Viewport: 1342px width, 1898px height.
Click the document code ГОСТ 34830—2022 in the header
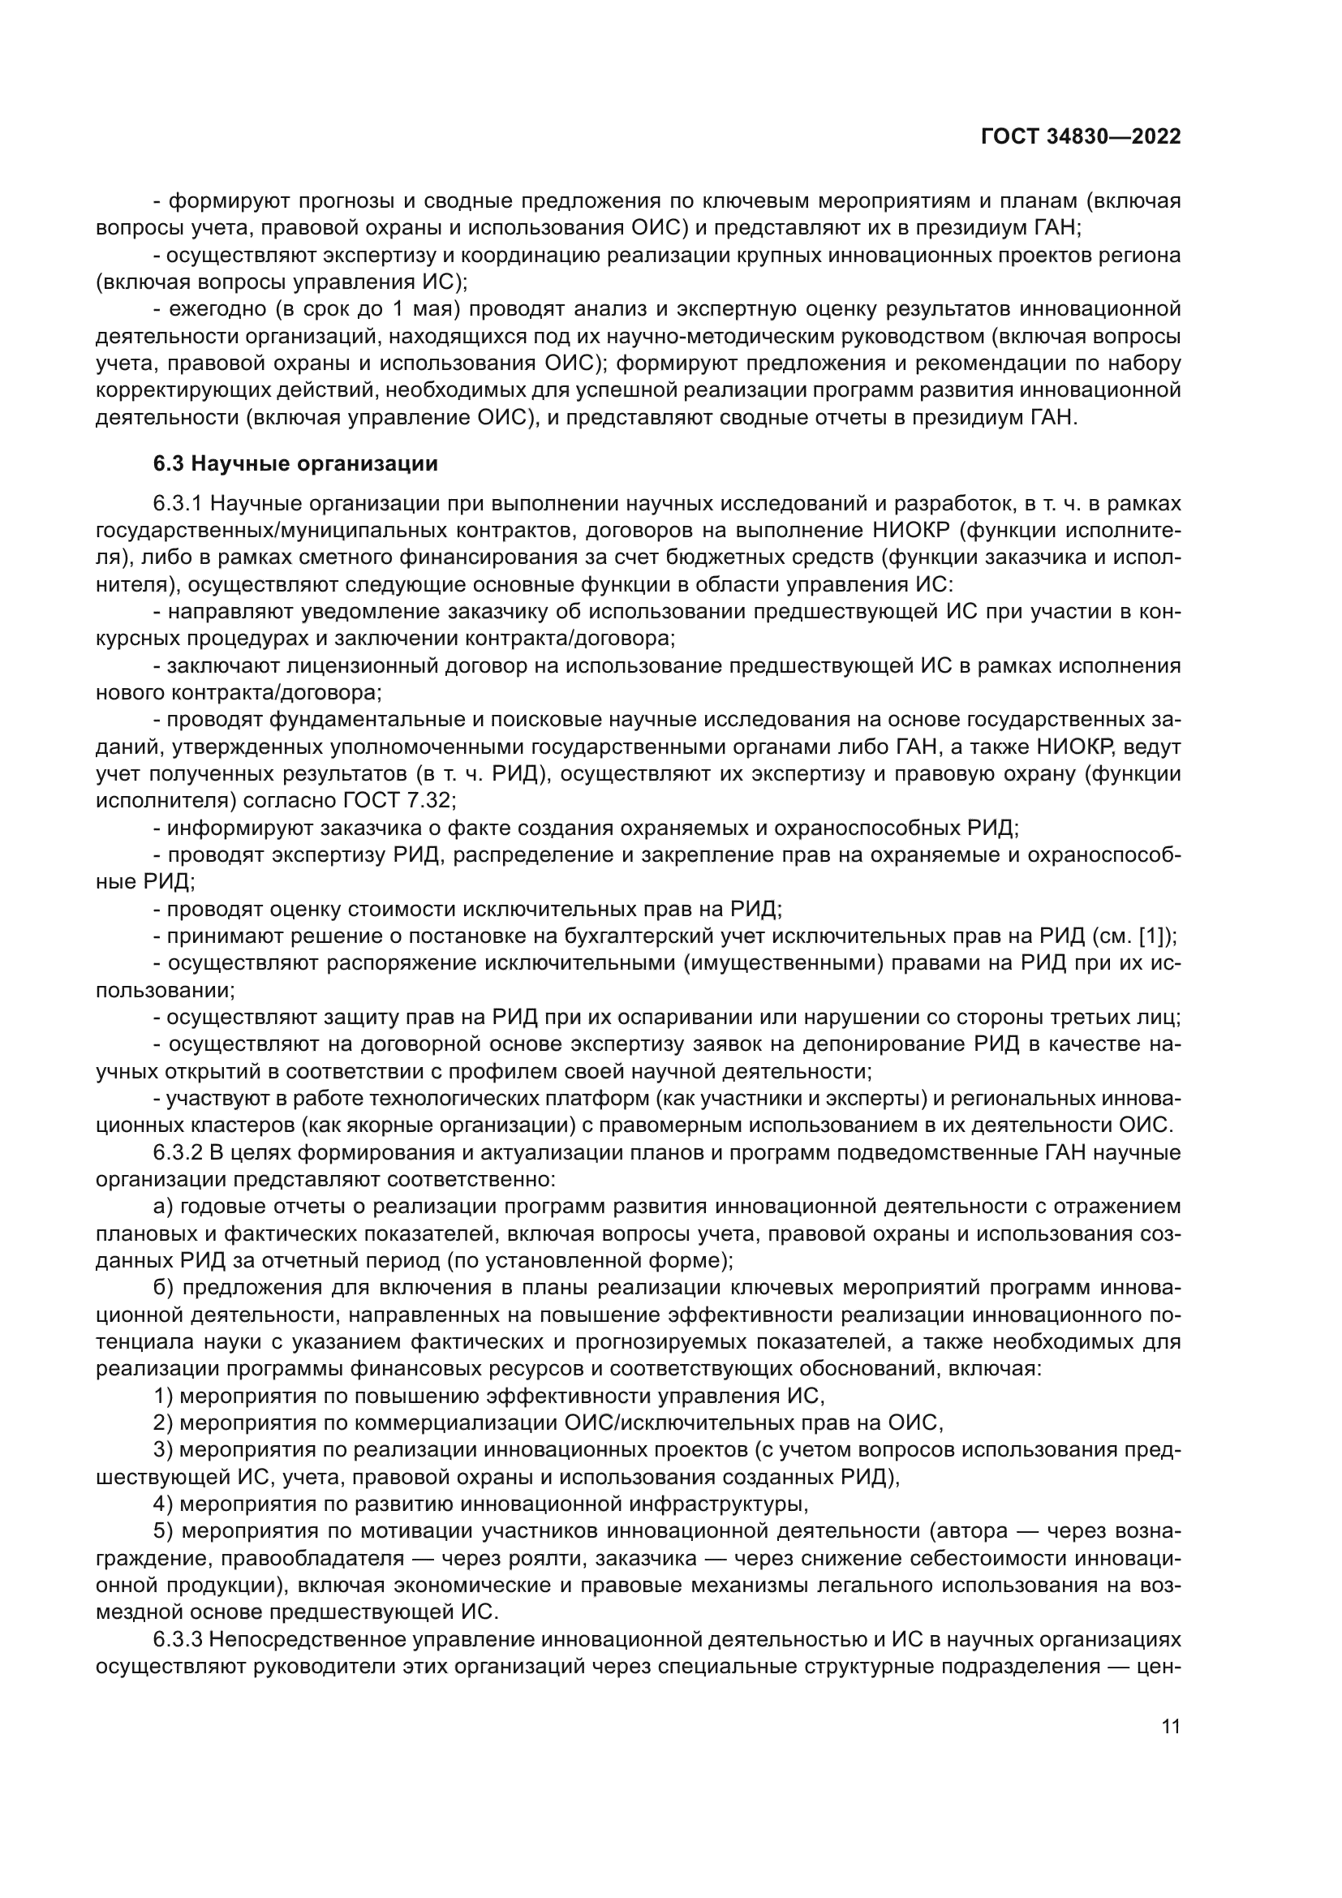coord(1080,137)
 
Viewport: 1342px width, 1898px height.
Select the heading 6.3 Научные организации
coord(295,464)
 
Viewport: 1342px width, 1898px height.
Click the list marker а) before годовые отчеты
coord(162,1207)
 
